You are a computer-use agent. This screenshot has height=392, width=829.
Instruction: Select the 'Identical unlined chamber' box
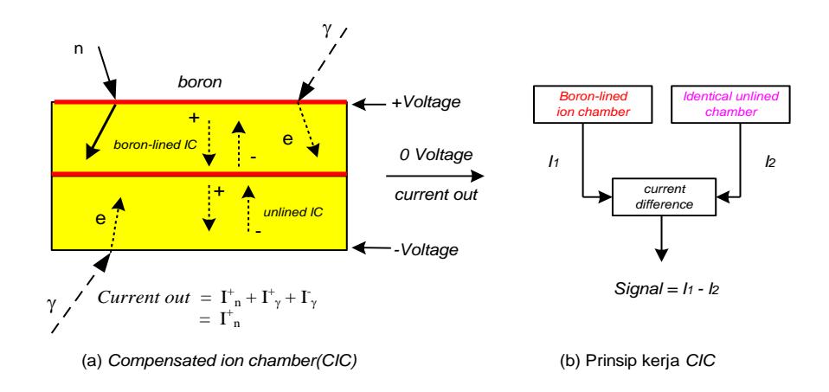coord(730,104)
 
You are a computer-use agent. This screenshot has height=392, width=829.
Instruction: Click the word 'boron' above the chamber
coord(200,83)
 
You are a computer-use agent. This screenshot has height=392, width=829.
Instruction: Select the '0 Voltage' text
coord(435,155)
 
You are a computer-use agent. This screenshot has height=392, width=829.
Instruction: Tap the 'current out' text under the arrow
coord(436,194)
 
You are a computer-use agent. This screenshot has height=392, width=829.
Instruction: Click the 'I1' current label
coord(554,163)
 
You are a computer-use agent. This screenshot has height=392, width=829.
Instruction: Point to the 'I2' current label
coord(770,163)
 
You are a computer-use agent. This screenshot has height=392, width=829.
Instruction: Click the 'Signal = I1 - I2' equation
coord(668,289)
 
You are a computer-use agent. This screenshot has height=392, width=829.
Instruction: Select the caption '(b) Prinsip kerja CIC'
coord(638,362)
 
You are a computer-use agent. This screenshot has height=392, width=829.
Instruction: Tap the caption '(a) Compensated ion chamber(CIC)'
coord(220,362)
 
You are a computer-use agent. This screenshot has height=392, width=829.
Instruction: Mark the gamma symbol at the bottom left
coord(52,305)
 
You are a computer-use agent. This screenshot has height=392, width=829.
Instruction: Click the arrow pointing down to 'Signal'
coord(661,238)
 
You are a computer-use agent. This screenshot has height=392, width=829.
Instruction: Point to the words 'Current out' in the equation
coord(144,298)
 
